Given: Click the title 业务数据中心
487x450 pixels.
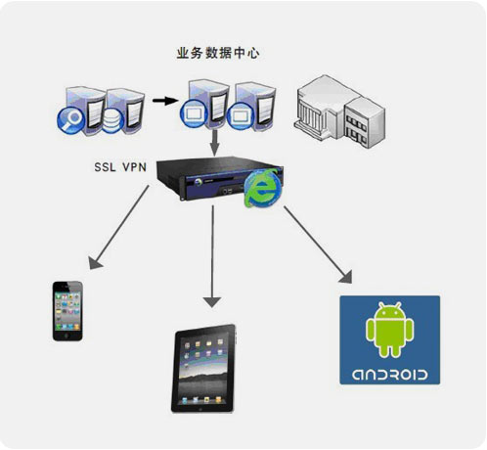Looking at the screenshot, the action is click(218, 53).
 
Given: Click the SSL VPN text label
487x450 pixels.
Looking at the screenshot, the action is click(120, 167).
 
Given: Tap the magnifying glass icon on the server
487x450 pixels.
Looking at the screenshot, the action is click(71, 120).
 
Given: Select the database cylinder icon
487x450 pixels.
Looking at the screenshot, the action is click(112, 121).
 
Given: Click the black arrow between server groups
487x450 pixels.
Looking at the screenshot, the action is click(165, 101).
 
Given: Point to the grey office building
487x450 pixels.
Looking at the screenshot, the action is click(339, 112).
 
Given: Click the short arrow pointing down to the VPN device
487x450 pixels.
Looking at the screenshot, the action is click(214, 143).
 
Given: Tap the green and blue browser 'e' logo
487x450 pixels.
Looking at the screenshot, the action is click(263, 189).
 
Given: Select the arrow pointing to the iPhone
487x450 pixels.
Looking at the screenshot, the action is click(119, 227).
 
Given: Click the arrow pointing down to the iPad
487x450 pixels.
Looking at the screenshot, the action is click(212, 256).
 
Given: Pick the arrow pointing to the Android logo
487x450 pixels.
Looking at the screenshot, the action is click(318, 245).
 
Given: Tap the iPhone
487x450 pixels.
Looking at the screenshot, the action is click(67, 311).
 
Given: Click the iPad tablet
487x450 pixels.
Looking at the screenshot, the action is click(203, 369).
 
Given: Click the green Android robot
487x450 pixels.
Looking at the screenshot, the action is click(390, 330).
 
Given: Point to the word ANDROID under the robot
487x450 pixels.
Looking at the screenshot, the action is click(390, 375).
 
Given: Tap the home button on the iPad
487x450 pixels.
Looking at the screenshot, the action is click(200, 409).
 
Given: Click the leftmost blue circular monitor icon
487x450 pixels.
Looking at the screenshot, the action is click(194, 113).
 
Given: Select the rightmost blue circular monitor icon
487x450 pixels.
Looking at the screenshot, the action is click(241, 116).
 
